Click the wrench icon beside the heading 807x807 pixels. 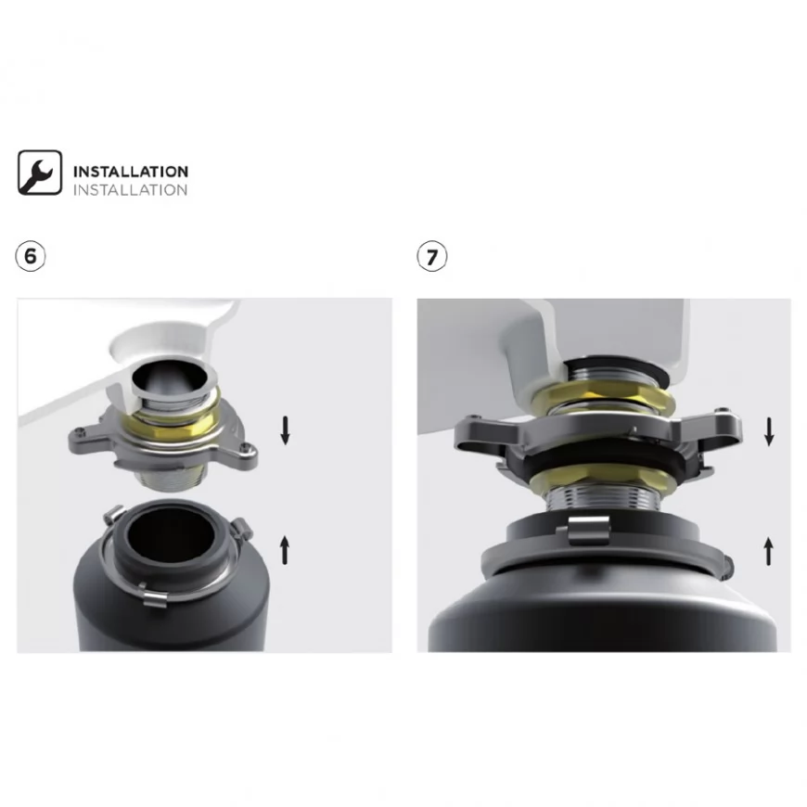click(x=40, y=173)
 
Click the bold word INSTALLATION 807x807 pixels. click(x=131, y=172)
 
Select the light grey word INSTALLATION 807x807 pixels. click(x=130, y=190)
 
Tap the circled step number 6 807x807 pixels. click(x=31, y=256)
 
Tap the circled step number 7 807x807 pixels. click(x=432, y=256)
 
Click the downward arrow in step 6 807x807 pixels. click(x=285, y=430)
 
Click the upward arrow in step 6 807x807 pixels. click(x=285, y=550)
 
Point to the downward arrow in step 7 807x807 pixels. click(x=769, y=431)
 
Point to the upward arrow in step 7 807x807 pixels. click(x=768, y=551)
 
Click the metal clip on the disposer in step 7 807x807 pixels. click(x=588, y=530)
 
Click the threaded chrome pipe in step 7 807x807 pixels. click(x=603, y=501)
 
